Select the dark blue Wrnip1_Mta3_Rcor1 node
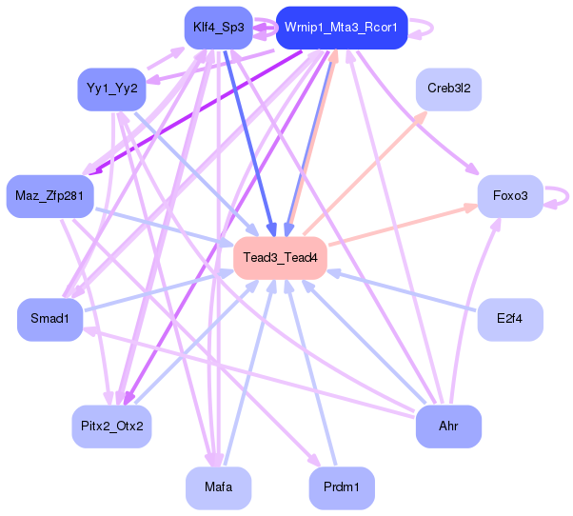tap(341, 28)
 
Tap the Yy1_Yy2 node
tap(111, 89)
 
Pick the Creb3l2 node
tap(447, 89)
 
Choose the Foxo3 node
tap(509, 197)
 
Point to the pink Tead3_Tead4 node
tap(280, 258)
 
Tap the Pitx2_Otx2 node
tap(111, 426)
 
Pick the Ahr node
tap(447, 426)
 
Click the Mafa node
tap(217, 487)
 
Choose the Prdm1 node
tap(341, 487)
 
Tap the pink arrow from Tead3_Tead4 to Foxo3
tap(400, 225)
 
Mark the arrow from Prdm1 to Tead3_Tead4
tap(310, 371)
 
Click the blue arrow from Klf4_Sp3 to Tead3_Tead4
tap(248, 143)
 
